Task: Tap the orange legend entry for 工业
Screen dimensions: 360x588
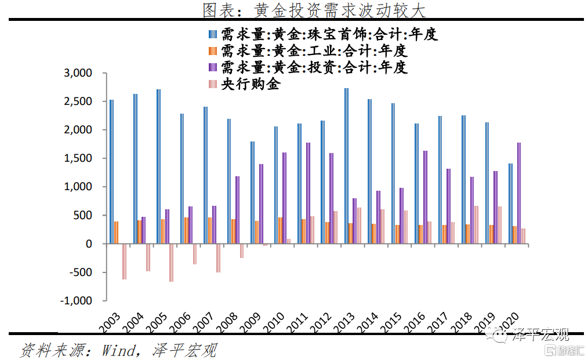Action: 307,50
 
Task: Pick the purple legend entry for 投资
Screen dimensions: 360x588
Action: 307,67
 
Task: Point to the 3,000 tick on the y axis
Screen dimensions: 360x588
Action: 78,74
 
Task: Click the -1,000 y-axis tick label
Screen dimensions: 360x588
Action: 77,301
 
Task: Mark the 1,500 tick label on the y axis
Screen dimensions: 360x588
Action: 78,158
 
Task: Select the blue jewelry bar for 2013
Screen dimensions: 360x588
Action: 346,166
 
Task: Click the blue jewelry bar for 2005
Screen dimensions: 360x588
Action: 158,166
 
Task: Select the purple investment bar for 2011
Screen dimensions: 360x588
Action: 308,193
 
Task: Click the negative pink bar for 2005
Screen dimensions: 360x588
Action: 171,263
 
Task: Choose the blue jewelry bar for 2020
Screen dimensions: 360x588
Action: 510,203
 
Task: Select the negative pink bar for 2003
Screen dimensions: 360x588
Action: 124,261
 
